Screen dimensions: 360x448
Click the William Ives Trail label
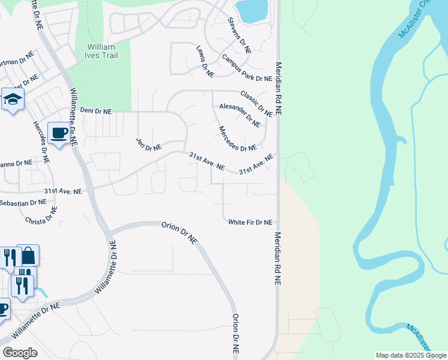pyautogui.click(x=102, y=51)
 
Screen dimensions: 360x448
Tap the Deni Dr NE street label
pyautogui.click(x=96, y=111)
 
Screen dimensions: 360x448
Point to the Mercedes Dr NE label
pyautogui.click(x=237, y=139)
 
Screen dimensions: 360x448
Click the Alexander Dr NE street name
pyautogui.click(x=240, y=115)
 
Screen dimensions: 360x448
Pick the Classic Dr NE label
pyautogui.click(x=256, y=103)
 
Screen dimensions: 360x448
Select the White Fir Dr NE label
pyautogui.click(x=250, y=222)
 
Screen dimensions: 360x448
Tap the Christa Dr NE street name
pyautogui.click(x=41, y=215)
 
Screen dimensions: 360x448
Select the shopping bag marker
pyautogui.click(x=28, y=256)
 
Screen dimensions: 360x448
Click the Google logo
pyautogui.click(x=20, y=352)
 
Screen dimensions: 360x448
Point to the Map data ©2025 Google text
pyautogui.click(x=410, y=356)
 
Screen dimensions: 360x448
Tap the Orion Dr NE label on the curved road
pyautogui.click(x=179, y=232)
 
